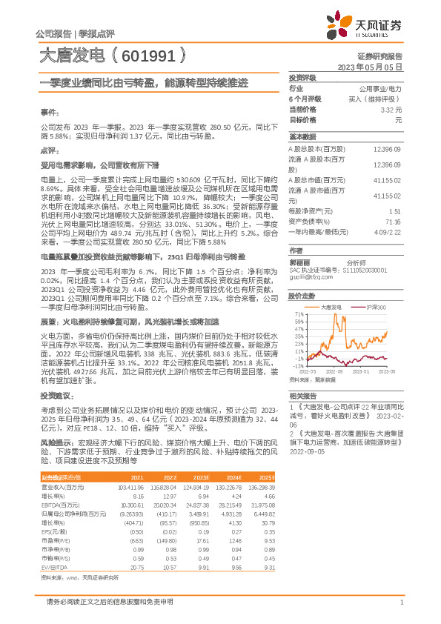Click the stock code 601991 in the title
[151, 56]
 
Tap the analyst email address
[305, 279]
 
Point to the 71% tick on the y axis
[299, 313]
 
